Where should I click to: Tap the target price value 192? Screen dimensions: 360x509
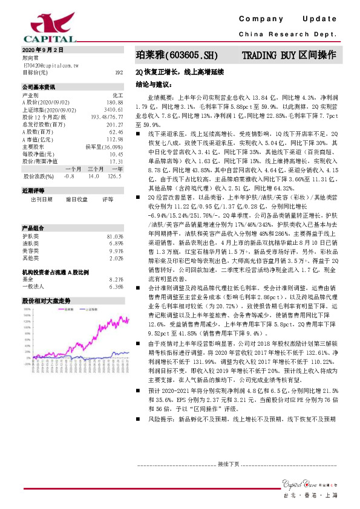119,72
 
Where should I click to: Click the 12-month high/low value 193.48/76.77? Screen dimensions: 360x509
107,116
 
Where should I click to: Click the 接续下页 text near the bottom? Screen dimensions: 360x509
229,464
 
